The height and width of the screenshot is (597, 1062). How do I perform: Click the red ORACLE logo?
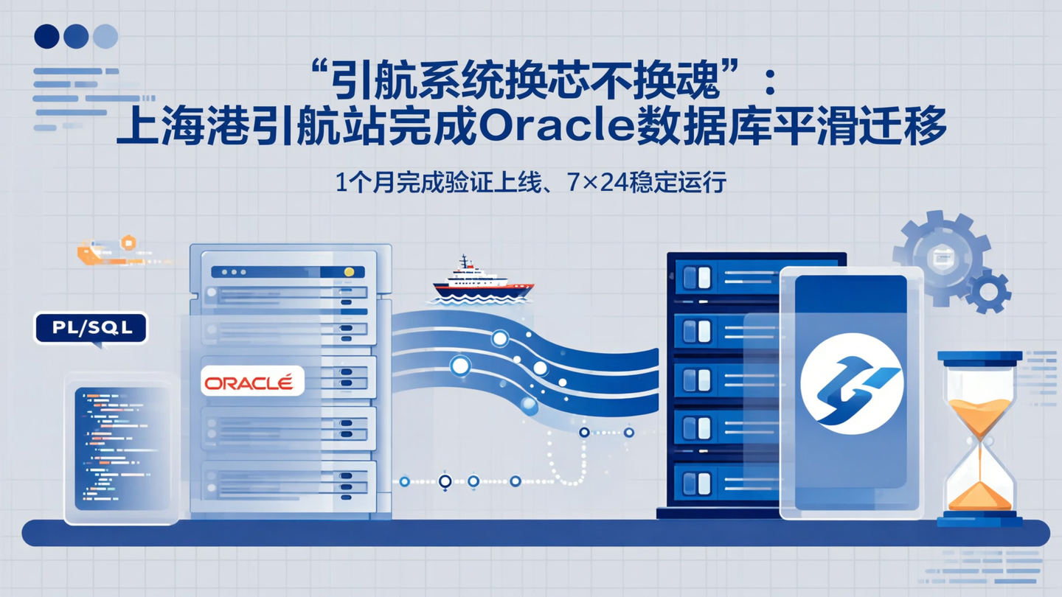pos(251,382)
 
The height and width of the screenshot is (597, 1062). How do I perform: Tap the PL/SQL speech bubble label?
pos(91,328)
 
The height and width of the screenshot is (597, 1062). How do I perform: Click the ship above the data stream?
pos(482,281)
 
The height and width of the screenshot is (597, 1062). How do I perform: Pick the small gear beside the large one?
pos(988,290)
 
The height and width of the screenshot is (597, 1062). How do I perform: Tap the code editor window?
pos(122,449)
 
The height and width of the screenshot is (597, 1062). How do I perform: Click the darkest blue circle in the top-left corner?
pos(46,36)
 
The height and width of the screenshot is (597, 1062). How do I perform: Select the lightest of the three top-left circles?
pos(105,36)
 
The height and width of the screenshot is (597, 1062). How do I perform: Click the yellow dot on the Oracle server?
pos(349,272)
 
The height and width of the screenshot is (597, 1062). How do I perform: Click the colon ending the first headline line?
pos(770,83)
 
